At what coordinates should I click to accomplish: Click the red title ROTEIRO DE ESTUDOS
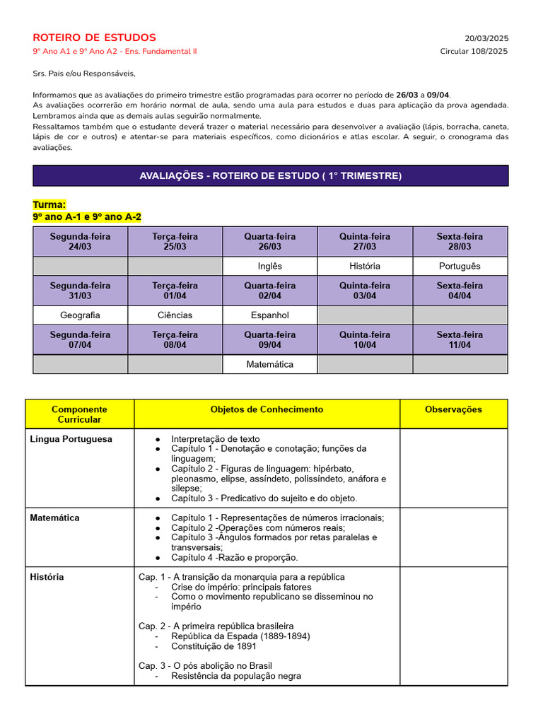(94, 37)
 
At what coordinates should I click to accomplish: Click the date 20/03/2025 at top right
(486, 38)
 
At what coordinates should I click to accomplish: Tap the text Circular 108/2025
(474, 51)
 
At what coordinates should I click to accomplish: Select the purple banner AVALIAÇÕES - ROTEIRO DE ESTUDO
(270, 175)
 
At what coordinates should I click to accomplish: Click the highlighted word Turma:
(49, 204)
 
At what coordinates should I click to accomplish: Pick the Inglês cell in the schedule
(269, 266)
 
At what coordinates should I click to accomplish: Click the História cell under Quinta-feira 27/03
(364, 266)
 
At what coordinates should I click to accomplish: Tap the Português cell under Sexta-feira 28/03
(460, 266)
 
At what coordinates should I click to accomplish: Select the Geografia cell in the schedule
(80, 315)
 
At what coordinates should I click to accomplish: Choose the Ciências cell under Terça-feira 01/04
(175, 315)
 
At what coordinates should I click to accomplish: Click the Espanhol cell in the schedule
(269, 315)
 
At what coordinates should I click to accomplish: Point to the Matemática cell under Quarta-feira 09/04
(269, 364)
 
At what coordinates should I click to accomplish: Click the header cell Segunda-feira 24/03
(80, 241)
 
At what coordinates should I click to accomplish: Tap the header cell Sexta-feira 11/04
(460, 339)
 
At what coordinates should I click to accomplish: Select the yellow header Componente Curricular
(79, 414)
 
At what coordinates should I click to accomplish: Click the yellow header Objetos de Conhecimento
(267, 409)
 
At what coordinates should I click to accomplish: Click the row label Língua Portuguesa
(71, 439)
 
